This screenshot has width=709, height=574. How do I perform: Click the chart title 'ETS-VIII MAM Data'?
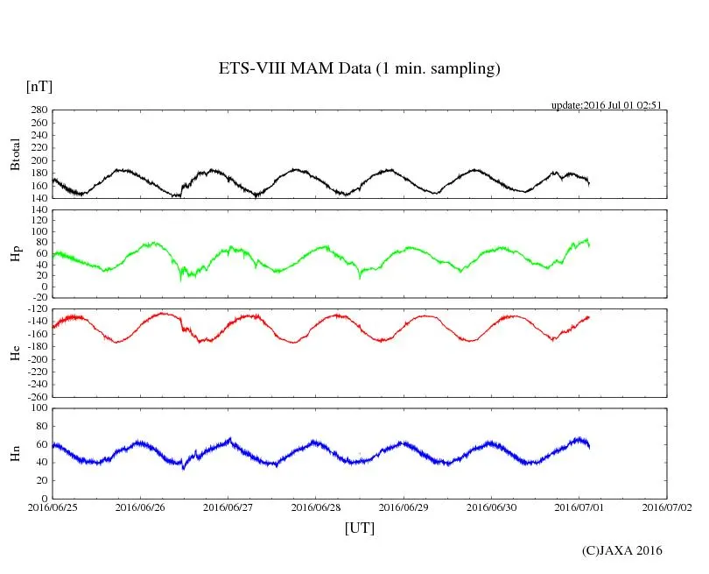point(359,69)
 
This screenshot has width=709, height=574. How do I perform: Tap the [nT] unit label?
point(39,87)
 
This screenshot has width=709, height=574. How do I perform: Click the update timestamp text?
point(605,105)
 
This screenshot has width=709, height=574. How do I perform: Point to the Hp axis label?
point(15,254)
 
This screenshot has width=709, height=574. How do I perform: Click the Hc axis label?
point(15,352)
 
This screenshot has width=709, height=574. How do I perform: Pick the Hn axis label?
point(15,453)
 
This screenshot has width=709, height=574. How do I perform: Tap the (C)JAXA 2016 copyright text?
point(621,550)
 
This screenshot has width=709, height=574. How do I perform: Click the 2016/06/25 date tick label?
point(53,507)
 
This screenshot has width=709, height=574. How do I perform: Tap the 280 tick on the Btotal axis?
point(38,110)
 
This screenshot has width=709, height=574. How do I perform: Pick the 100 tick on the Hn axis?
point(38,407)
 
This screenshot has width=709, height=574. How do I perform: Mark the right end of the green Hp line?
point(589,245)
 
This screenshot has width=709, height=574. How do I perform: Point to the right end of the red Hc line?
point(589,316)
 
